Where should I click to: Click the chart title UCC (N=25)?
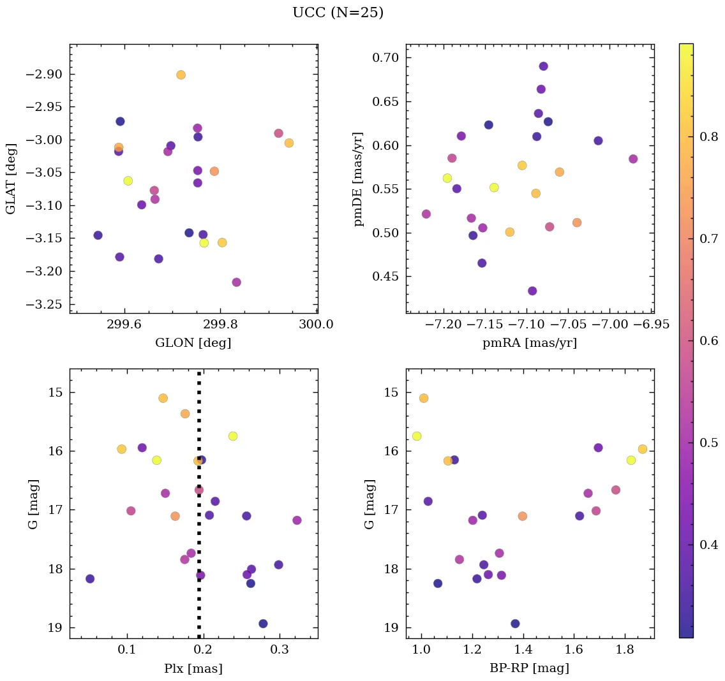click(338, 13)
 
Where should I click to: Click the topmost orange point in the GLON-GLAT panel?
click(181, 75)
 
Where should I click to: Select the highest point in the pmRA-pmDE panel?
click(543, 66)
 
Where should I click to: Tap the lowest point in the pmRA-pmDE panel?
click(532, 291)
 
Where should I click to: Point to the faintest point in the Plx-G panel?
click(263, 624)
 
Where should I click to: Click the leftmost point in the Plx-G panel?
click(90, 579)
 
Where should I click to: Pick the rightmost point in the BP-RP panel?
click(642, 449)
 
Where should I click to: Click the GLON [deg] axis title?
click(193, 343)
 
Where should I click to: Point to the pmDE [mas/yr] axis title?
click(359, 179)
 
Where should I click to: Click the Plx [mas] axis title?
click(193, 668)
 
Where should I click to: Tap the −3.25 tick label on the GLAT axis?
click(44, 304)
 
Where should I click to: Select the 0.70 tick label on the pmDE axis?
click(385, 58)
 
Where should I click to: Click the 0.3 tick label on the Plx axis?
click(280, 649)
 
